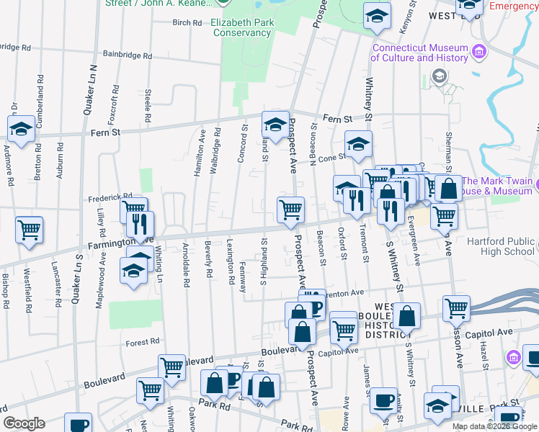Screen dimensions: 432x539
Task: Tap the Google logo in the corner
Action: [24, 423]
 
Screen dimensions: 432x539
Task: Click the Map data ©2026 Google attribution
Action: [494, 426]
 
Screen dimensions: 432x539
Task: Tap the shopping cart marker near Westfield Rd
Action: [30, 230]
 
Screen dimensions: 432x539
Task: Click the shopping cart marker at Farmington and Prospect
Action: [290, 210]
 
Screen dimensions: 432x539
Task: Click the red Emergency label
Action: [514, 6]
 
